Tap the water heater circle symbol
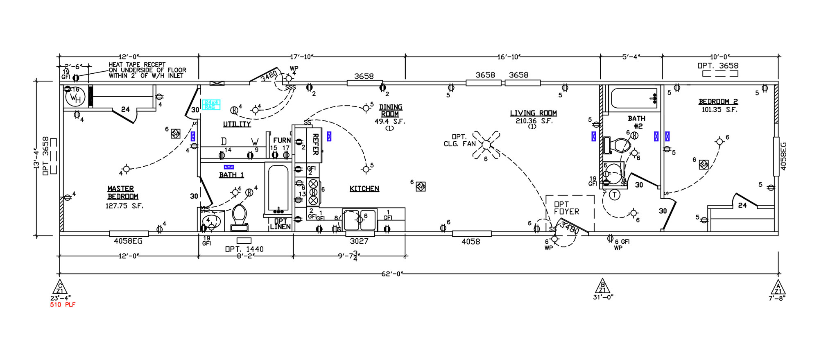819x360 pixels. click(75, 97)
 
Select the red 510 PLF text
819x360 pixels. click(63, 305)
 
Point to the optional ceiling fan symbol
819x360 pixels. click(486, 145)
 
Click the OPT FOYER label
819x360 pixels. click(566, 208)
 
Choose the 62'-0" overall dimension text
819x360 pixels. click(392, 274)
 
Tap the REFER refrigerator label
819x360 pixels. click(316, 144)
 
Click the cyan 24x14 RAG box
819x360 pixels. click(211, 105)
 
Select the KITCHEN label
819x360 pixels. click(364, 189)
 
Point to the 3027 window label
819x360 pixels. click(359, 241)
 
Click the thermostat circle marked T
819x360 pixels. click(615, 195)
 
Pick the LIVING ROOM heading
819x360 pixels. click(533, 113)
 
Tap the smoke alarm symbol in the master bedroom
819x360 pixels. click(176, 134)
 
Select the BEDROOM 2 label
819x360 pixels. click(718, 102)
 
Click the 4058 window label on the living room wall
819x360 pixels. click(471, 242)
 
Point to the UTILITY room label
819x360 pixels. click(237, 124)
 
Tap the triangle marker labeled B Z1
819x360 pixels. click(602, 286)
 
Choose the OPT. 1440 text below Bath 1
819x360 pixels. click(244, 249)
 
